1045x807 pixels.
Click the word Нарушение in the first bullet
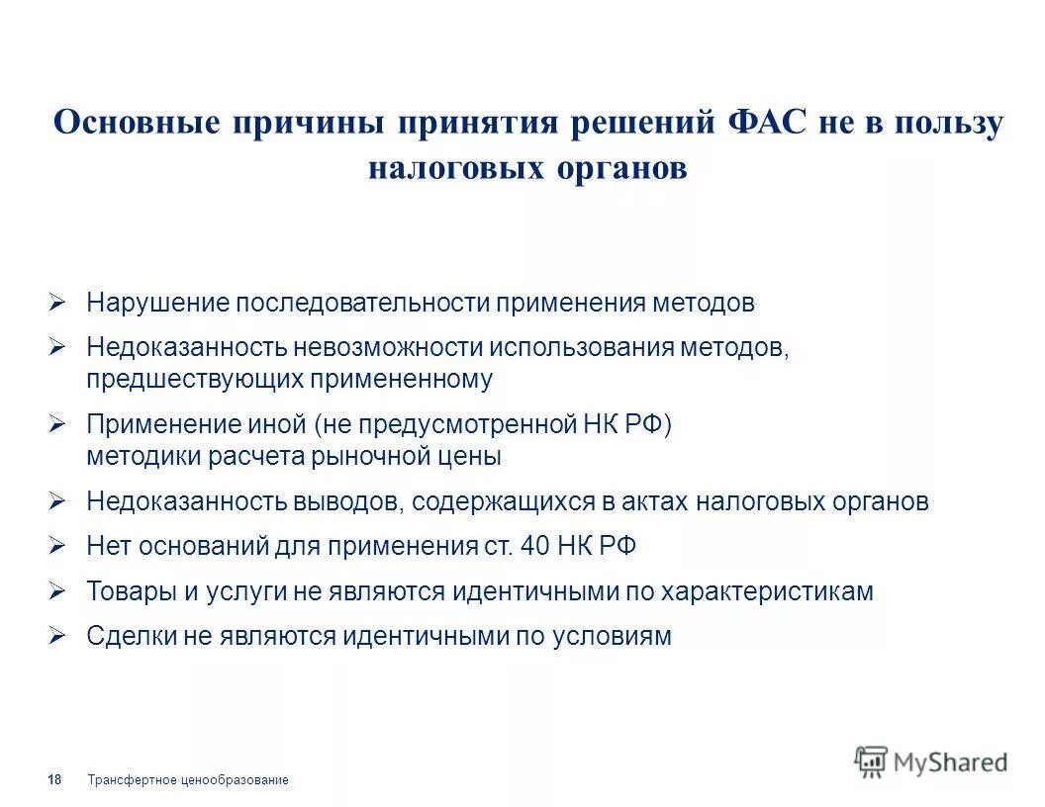pos(158,303)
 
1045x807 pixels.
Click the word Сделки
pos(131,636)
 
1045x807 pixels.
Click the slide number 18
pos(54,780)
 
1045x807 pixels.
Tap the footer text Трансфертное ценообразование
pos(188,780)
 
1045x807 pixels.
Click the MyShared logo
pos(931,762)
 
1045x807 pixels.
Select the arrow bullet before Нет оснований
pos(57,546)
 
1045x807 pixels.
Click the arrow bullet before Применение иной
pos(57,425)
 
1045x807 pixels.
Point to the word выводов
pos(347,501)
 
